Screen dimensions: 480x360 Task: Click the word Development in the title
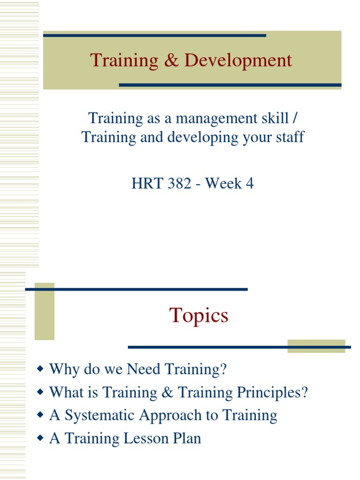[238, 60]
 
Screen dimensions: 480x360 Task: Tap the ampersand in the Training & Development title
[172, 60]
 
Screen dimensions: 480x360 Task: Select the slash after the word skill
[294, 118]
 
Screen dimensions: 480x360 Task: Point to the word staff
[288, 137]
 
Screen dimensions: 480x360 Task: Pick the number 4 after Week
[249, 183]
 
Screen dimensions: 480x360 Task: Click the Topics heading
[199, 315]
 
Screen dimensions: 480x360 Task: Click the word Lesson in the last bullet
[146, 438]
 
